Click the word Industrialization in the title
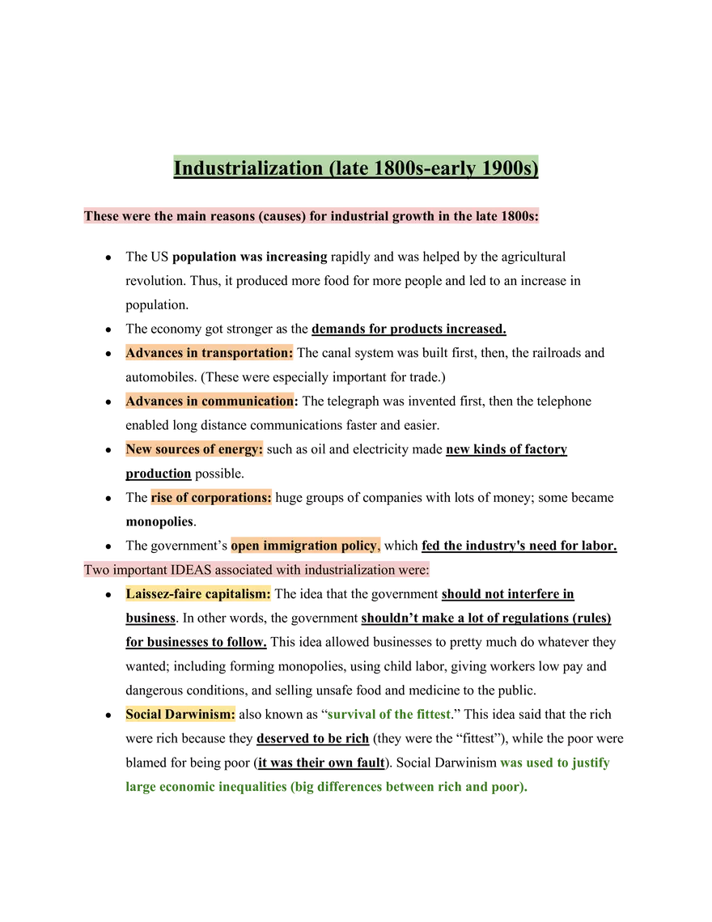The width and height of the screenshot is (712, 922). coord(248,168)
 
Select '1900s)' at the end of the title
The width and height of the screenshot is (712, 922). coord(510,168)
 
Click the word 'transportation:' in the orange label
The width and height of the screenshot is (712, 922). coord(247,353)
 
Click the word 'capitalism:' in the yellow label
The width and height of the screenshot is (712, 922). coord(238,594)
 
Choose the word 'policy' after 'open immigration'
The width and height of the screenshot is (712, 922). coord(360,546)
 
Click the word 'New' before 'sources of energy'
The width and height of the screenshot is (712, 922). coord(138,449)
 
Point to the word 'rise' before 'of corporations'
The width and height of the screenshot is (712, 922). coord(162,498)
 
